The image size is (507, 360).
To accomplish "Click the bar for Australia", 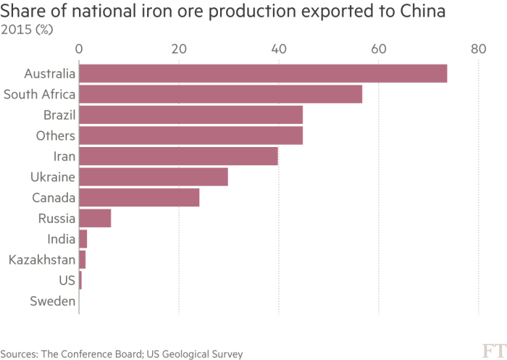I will pos(263,74).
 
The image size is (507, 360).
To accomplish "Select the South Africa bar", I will pos(221,94).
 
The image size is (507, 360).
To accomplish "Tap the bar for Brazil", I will pos(191,115).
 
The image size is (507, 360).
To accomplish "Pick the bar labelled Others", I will pos(191,135).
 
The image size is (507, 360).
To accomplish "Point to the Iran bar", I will pos(179,156).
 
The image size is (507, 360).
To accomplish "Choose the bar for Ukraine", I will pos(154,177).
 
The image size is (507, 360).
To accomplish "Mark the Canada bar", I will pos(139,198).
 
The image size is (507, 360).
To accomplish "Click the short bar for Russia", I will pos(95,218).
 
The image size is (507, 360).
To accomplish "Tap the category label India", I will pos(61,238).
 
